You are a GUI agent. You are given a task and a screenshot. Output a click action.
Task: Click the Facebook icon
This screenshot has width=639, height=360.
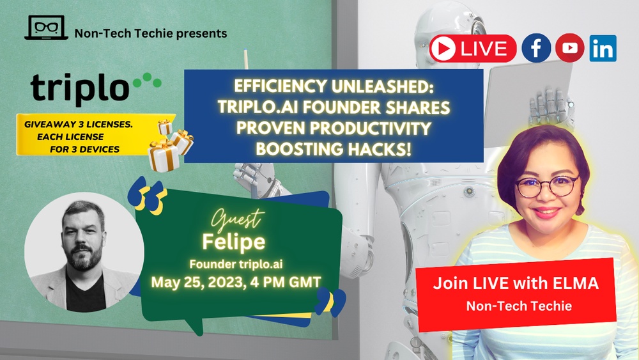click(x=536, y=48)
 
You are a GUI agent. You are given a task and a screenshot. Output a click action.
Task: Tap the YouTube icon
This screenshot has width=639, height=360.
click(x=570, y=48)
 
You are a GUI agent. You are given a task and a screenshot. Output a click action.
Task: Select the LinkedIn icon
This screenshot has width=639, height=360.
click(x=603, y=48)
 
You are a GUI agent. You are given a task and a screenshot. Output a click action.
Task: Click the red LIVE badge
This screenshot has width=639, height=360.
click(x=473, y=49)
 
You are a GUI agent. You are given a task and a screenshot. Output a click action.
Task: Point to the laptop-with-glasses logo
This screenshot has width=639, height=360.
click(x=46, y=27)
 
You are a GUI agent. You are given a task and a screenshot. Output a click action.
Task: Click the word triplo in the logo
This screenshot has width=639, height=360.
click(x=80, y=88)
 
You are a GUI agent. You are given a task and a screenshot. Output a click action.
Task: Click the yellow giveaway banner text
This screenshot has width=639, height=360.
click(x=79, y=137)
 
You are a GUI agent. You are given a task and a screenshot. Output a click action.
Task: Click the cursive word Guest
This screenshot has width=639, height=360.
click(x=238, y=219)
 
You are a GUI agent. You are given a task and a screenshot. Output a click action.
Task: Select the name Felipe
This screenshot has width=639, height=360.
click(x=233, y=241)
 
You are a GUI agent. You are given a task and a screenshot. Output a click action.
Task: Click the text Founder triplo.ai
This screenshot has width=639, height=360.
click(x=236, y=264)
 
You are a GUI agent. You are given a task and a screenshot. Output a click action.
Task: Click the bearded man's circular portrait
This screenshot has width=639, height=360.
click(x=84, y=252)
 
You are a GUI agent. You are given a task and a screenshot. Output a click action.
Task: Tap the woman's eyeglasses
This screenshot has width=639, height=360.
click(x=546, y=186)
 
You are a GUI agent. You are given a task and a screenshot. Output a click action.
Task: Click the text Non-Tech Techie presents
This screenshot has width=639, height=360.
click(x=151, y=33)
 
